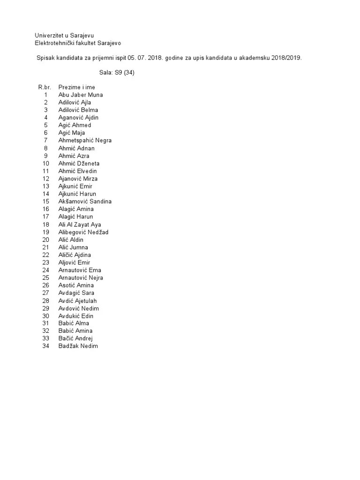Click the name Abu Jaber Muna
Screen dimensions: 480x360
point(80,95)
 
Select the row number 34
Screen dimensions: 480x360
point(45,346)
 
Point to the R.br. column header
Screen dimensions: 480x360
point(45,87)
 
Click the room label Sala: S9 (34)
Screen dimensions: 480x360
point(117,73)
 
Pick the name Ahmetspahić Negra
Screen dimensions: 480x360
point(85,140)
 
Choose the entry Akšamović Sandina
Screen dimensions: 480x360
point(85,201)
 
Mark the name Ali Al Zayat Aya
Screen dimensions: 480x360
point(79,225)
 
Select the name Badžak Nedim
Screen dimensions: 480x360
point(78,346)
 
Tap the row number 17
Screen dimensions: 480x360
point(45,217)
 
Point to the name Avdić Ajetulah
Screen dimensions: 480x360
point(78,300)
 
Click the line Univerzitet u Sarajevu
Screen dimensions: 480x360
point(67,36)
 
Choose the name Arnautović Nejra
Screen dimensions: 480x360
point(81,277)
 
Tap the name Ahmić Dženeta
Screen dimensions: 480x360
point(79,163)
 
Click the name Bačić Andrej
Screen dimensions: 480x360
point(75,338)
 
